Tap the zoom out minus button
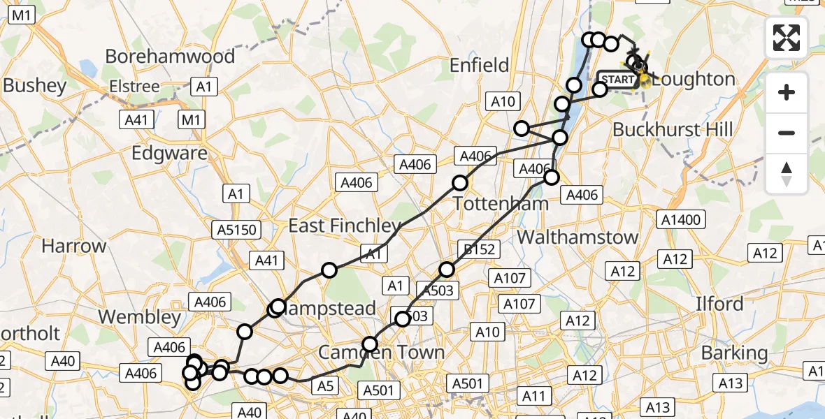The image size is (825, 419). coord(787,133)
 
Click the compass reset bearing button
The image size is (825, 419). coord(787,173)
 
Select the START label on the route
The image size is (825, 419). coord(617,80)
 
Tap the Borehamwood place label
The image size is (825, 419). coord(170,56)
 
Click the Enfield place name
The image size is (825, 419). coord(479,66)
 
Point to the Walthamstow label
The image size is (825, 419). coord(577,237)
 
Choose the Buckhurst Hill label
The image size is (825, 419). coord(673,129)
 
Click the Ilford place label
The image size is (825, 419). coord(719,304)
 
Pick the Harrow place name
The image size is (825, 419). coord(74,246)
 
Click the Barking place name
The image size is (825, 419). coord(734,352)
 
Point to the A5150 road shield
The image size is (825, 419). coord(237,229)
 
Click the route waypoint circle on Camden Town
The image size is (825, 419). coord(369,344)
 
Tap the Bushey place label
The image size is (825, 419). coord(35,85)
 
